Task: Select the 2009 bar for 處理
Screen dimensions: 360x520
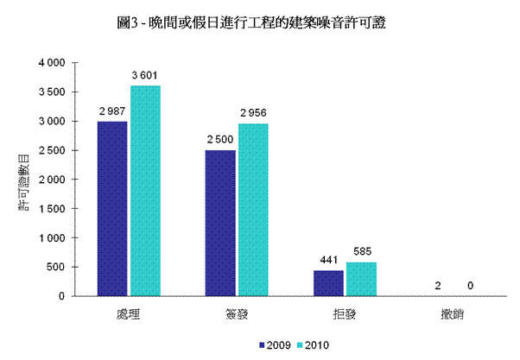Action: point(112,209)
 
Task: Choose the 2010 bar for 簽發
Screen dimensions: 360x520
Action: point(254,210)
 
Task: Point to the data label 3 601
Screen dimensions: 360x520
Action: point(145,77)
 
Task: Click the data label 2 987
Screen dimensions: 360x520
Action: point(113,113)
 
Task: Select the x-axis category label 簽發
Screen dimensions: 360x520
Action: point(237,312)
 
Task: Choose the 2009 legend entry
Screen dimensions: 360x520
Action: point(273,344)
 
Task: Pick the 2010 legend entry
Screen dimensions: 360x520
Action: point(311,344)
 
